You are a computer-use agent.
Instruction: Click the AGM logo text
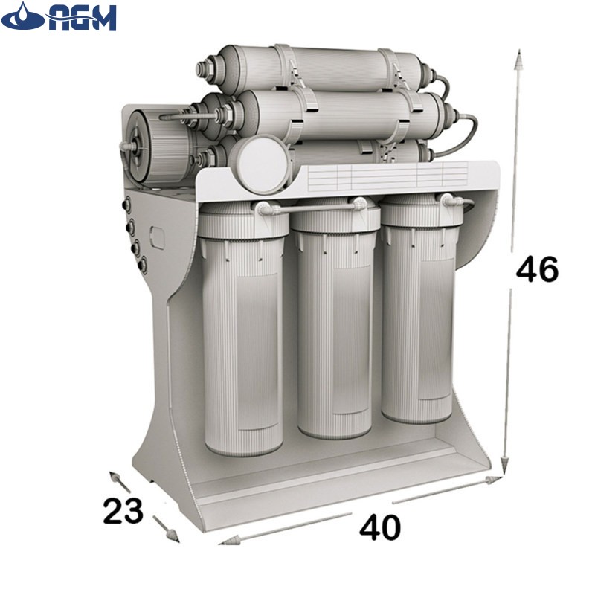(81, 17)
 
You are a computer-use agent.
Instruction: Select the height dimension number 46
(537, 268)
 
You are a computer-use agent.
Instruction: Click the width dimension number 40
(380, 527)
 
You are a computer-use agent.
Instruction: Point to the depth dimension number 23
(123, 511)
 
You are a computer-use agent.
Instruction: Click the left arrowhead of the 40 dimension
(229, 541)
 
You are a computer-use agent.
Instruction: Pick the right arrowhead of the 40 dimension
(493, 480)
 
